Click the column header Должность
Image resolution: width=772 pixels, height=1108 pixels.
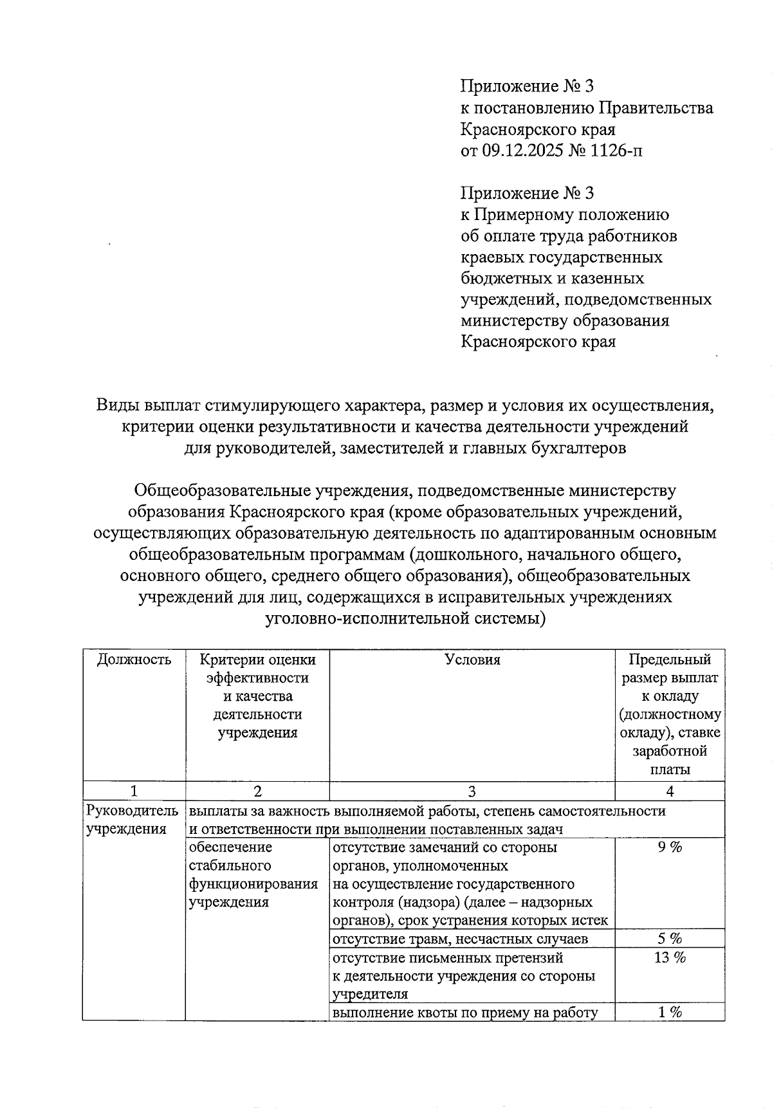coord(134,660)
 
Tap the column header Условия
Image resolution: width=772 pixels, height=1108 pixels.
coord(472,660)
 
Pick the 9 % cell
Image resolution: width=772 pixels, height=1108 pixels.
coord(670,847)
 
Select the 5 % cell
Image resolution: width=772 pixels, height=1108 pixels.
coord(670,939)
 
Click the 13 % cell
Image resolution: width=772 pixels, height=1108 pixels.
coord(670,957)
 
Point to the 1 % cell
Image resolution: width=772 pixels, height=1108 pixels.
coord(670,1012)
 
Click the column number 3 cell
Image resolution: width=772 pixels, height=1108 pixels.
coord(472,791)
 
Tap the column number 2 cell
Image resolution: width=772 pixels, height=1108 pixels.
coord(257,791)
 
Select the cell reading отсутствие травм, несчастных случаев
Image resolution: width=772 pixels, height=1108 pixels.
coord(460,939)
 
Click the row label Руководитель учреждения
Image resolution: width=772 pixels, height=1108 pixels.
coord(132,820)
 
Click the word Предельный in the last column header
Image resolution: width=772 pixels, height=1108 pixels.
coord(670,660)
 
